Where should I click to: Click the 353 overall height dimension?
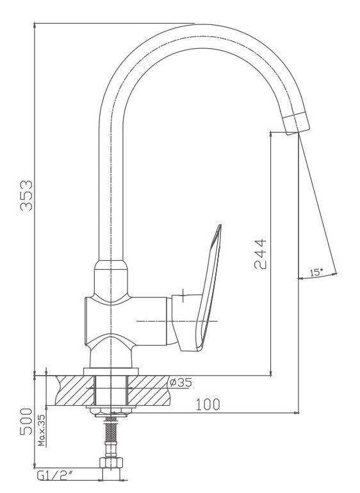26,196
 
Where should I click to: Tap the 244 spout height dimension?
260,254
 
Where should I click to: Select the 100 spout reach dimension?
208,405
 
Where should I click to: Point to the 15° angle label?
316,272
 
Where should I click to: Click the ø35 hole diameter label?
180,382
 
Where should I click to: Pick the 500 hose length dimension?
26,422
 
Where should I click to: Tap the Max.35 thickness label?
42,430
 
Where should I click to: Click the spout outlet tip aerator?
296,123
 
